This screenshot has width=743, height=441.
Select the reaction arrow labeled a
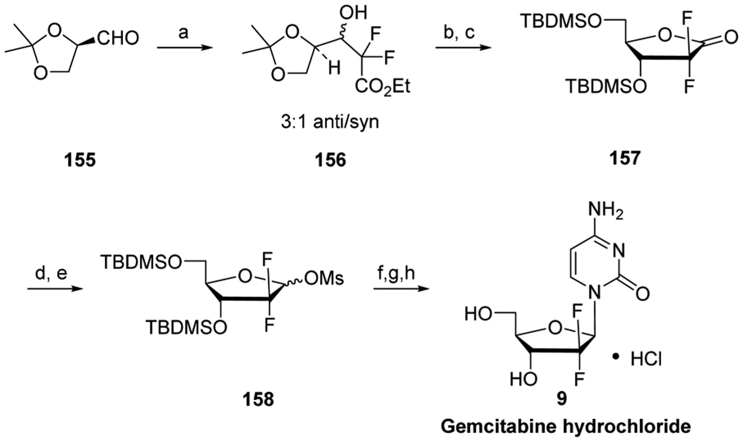tap(185, 47)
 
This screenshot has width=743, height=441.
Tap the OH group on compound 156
tap(353, 13)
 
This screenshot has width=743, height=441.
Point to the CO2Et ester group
tap(383, 87)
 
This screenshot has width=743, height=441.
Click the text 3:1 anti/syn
tap(330, 122)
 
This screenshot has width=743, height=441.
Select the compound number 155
tap(80, 160)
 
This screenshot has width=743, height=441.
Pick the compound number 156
tap(330, 160)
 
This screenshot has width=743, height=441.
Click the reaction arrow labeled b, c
tap(463, 47)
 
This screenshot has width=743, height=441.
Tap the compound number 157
tap(625, 158)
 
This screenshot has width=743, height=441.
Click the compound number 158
tap(258, 400)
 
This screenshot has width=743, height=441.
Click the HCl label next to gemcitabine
tap(646, 360)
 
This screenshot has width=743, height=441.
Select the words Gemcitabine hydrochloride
tap(566, 427)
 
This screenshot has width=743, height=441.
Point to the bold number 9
tap(561, 400)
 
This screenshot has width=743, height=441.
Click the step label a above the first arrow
tap(183, 33)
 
